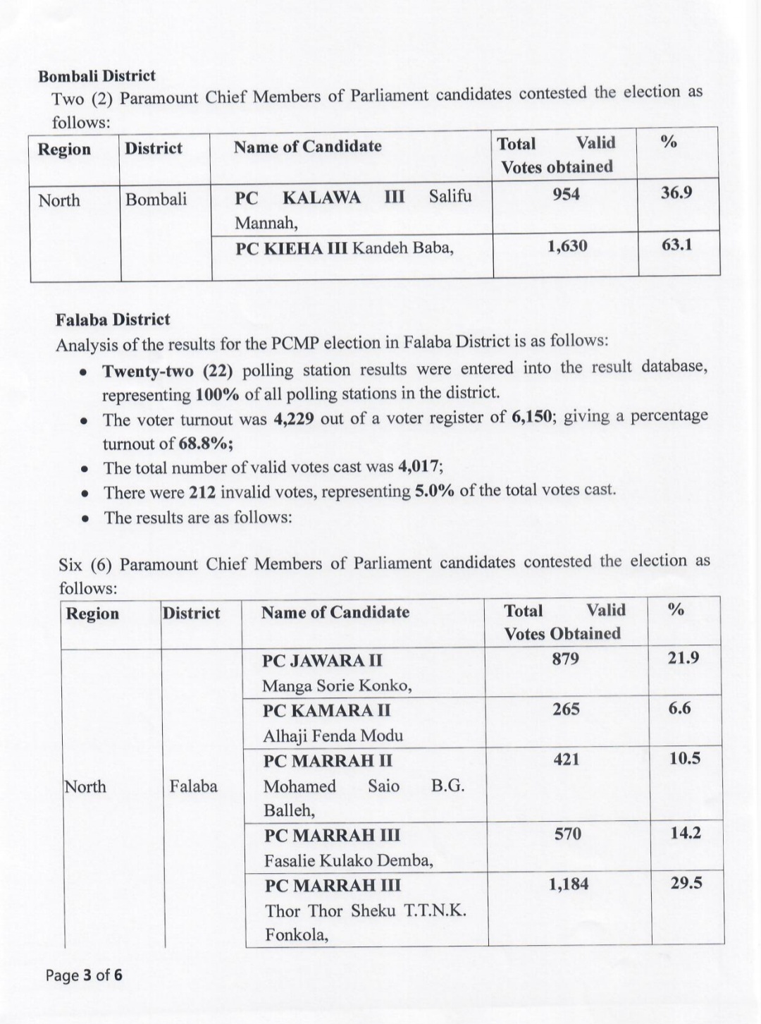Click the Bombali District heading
coord(97,75)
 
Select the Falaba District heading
coord(113,319)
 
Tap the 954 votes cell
coord(566,195)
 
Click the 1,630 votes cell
coord(567,246)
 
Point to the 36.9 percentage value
coord(676,193)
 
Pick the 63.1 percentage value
coord(676,246)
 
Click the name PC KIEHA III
coord(291,248)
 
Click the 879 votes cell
coord(566,659)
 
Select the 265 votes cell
coord(567,709)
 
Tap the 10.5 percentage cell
coord(684,759)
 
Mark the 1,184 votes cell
coord(568,884)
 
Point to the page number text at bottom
coord(84,975)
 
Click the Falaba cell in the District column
coord(193,786)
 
